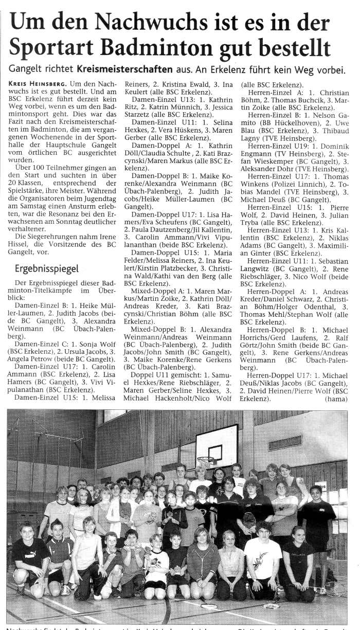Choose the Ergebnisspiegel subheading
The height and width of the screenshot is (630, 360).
click(x=46, y=268)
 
